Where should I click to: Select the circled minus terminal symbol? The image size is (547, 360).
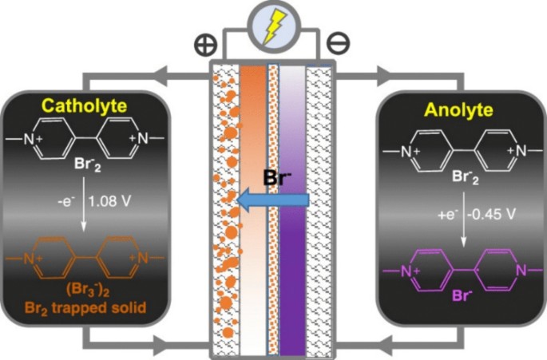click(x=339, y=42)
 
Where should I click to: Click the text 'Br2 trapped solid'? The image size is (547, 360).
click(x=89, y=304)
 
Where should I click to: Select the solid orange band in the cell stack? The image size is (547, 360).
click(x=251, y=120)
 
